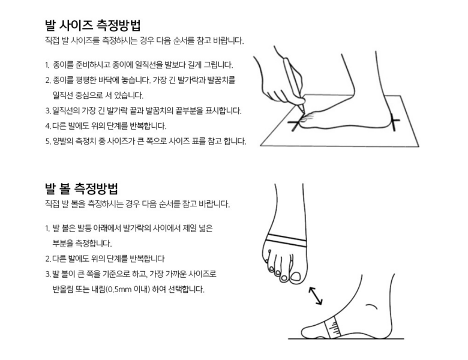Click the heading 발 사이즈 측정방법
click(92, 25)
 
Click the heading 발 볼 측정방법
click(82, 188)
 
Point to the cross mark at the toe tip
click(296, 123)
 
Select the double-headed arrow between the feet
click(316, 296)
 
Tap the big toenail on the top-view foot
click(296, 277)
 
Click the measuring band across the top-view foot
click(286, 240)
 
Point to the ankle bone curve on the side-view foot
click(372, 307)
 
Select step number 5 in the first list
click(48, 141)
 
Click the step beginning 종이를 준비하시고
click(139, 64)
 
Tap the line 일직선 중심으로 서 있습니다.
click(98, 95)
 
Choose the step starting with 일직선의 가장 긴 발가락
click(143, 111)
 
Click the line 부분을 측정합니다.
click(82, 244)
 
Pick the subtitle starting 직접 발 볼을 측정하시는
click(137, 204)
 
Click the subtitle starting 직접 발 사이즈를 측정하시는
click(144, 41)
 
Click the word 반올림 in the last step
click(62, 289)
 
